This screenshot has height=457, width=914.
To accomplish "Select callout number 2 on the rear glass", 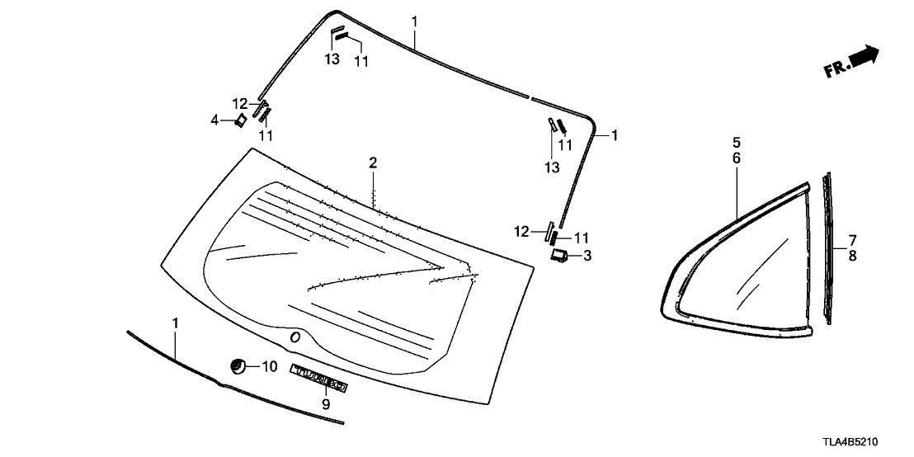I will pyautogui.click(x=373, y=163).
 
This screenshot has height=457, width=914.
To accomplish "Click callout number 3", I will pyautogui.click(x=587, y=256).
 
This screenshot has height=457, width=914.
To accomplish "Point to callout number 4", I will pyautogui.click(x=214, y=120).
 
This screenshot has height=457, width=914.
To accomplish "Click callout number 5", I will pyautogui.click(x=737, y=142).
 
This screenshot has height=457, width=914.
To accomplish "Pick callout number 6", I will pyautogui.click(x=737, y=157).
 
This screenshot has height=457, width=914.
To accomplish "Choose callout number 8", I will pyautogui.click(x=853, y=256).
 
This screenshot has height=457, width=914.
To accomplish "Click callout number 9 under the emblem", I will pyautogui.click(x=326, y=404).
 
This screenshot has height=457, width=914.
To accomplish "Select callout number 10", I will pyautogui.click(x=271, y=365).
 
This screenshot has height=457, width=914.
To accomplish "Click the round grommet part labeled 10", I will pyautogui.click(x=238, y=365).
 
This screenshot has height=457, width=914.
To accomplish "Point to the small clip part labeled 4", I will pyautogui.click(x=240, y=121).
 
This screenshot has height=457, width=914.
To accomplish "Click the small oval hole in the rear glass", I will pyautogui.click(x=294, y=337).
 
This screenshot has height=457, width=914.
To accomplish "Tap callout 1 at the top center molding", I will pyautogui.click(x=414, y=20).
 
